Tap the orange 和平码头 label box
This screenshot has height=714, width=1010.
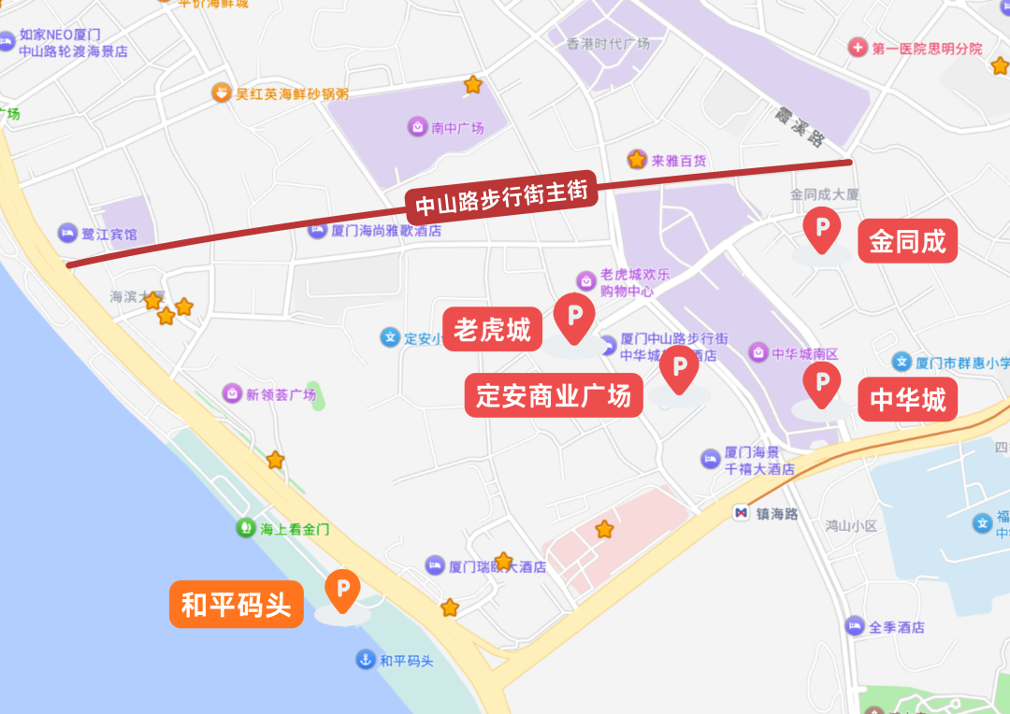coord(236,605)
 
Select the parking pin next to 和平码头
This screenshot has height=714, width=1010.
coord(342,589)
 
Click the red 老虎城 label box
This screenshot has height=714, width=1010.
coord(492,329)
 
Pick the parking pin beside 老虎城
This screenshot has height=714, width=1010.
coord(574,316)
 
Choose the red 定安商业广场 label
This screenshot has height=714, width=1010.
coord(554,396)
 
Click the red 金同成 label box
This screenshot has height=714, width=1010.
coord(907,241)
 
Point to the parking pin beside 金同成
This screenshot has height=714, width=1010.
coord(822,228)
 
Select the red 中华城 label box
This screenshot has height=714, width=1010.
coord(907,399)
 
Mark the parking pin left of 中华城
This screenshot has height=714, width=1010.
coord(822,383)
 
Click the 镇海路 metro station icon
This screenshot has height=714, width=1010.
coord(741,513)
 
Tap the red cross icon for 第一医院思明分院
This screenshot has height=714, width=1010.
coord(857,47)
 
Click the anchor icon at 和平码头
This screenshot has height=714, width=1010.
coord(365,660)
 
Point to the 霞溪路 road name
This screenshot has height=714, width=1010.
coord(800,127)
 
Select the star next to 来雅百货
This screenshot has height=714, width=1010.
coord(637,160)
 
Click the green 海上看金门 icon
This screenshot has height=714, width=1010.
coord(245,528)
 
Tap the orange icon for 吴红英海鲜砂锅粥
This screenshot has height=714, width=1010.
coord(221,93)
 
